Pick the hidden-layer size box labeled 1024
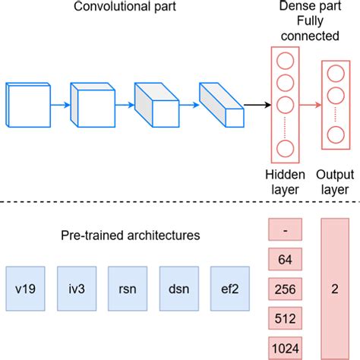(285, 346)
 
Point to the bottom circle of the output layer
(335, 136)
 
